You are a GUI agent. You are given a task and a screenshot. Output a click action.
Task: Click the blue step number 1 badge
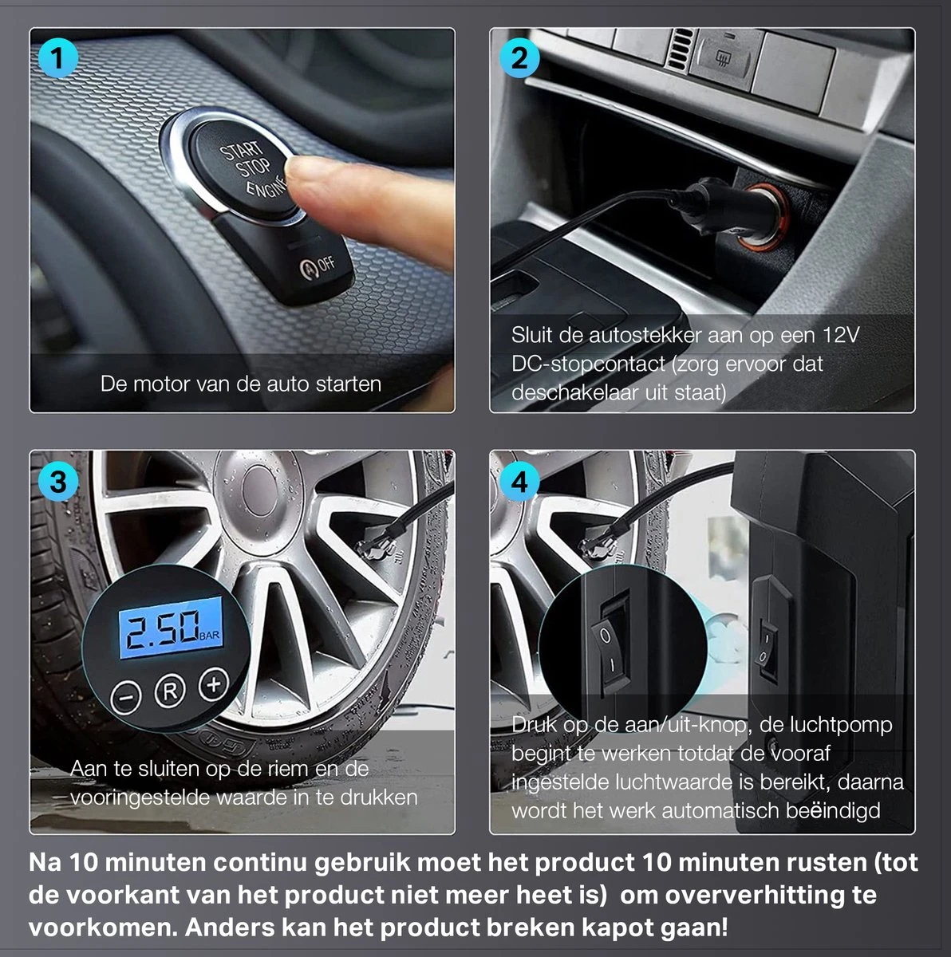58,58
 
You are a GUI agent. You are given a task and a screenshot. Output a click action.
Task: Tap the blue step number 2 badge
519,58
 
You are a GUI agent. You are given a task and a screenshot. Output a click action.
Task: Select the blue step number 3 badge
58,482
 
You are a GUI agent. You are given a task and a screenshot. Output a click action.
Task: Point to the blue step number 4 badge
519,482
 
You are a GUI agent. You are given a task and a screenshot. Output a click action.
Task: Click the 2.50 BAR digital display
171,628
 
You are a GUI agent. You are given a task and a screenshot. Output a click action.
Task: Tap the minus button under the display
126,698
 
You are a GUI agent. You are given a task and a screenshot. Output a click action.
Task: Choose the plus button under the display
214,684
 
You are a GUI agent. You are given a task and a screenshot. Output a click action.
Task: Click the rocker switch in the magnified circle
609,643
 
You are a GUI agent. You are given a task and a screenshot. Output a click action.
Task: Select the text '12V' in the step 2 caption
841,335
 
